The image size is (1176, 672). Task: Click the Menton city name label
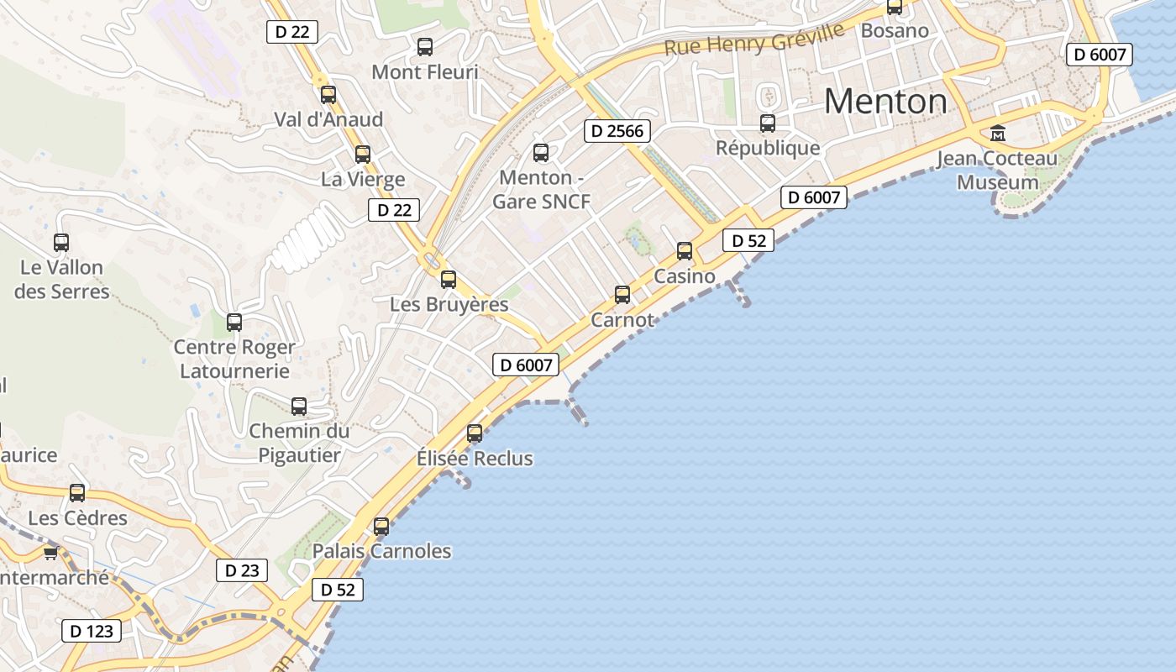click(x=885, y=102)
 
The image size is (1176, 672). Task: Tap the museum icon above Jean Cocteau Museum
click(x=998, y=133)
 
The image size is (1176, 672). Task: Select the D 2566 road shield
click(x=617, y=130)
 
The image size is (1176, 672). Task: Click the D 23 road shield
click(x=242, y=570)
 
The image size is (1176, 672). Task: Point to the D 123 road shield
click(x=92, y=631)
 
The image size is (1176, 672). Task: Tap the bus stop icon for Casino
click(x=685, y=250)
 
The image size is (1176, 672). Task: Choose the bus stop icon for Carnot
click(x=622, y=294)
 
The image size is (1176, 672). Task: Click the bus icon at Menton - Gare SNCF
click(x=541, y=152)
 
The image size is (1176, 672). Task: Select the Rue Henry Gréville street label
click(x=753, y=39)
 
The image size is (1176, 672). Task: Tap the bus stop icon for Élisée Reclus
click(x=475, y=433)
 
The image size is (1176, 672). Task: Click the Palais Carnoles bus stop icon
click(x=381, y=527)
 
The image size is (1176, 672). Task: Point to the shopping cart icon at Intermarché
click(x=50, y=553)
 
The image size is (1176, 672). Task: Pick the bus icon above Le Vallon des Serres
click(x=61, y=243)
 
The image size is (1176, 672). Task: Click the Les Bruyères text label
click(x=449, y=304)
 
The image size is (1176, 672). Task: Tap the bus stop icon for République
click(x=768, y=123)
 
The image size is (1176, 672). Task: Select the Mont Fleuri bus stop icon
click(x=425, y=46)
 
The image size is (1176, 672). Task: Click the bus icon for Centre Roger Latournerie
click(x=234, y=322)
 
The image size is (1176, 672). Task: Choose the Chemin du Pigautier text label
click(x=298, y=444)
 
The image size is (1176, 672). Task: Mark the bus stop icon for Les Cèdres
click(x=77, y=493)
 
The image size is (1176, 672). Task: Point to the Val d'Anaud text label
click(x=328, y=119)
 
